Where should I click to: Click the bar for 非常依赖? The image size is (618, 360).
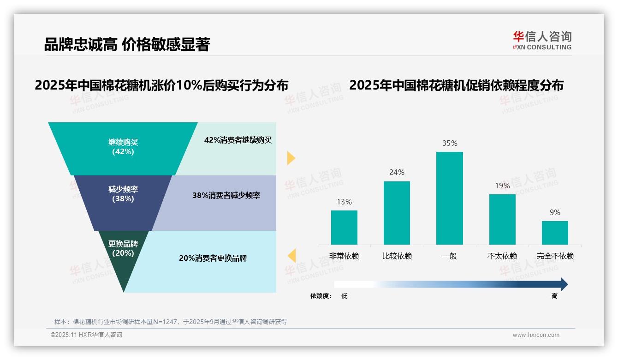click(344, 228)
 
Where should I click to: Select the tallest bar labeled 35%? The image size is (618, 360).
click(449, 198)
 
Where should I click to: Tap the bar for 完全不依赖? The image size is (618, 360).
click(555, 233)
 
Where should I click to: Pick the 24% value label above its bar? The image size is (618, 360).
click(397, 173)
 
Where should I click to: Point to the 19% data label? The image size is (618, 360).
click(502, 186)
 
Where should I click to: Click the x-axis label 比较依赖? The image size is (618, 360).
click(397, 256)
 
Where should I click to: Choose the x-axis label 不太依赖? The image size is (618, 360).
click(502, 256)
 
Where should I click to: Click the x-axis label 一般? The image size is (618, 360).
click(449, 256)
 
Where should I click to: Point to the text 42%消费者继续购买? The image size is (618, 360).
click(238, 140)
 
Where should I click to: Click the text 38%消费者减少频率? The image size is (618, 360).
click(226, 196)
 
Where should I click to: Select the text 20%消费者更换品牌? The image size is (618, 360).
click(213, 258)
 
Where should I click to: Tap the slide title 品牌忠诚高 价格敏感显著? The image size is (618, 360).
click(127, 45)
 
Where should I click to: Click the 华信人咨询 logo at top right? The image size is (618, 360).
click(542, 40)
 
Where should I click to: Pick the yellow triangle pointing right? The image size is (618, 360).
click(291, 158)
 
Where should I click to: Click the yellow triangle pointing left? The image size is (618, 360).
click(291, 255)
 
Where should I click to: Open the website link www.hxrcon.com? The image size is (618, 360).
click(536, 335)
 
